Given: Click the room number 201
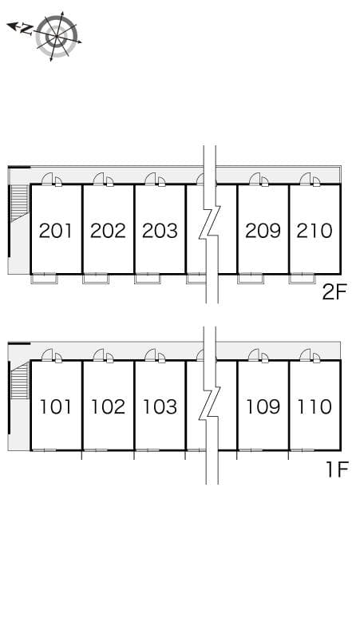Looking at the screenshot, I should coord(56,231).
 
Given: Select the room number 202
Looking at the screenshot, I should coord(108,231).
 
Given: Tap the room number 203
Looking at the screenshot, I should coord(160,231).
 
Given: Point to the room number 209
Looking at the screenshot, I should coord(263,231).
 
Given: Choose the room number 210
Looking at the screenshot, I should coord(314,231).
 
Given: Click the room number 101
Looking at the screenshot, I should coord(56,406).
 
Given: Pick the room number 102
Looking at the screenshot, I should coord(108,406).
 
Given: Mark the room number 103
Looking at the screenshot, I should coord(160,406).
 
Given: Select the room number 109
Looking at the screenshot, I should coord(263,406).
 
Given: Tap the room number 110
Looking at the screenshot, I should coord(314,406).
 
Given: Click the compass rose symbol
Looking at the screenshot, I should coord(57,36).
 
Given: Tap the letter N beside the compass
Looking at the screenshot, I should coord(26,30).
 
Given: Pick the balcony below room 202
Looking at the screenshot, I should coord(96,279).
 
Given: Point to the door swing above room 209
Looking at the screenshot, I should coord(255,179).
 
